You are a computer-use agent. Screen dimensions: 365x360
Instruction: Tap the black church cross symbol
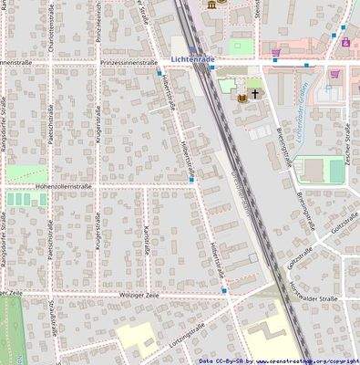click(255, 93)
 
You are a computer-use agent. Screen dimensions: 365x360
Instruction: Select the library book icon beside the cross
click(242, 98)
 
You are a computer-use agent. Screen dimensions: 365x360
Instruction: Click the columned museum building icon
click(213, 5)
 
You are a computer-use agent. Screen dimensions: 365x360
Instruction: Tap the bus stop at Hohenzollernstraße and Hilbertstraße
click(191, 180)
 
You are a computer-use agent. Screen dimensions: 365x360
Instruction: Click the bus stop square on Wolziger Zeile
click(224, 290)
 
